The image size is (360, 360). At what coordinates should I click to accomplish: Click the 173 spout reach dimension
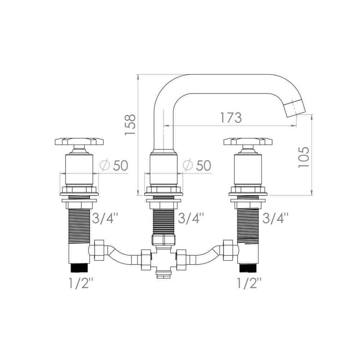tap(231, 118)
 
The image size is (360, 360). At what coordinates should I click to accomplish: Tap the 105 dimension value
tap(303, 157)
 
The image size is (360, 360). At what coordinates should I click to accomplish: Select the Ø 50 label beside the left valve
tap(114, 165)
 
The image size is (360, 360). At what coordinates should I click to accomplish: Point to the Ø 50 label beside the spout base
tap(197, 165)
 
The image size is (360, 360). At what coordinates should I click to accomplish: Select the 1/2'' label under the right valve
tap(249, 283)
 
